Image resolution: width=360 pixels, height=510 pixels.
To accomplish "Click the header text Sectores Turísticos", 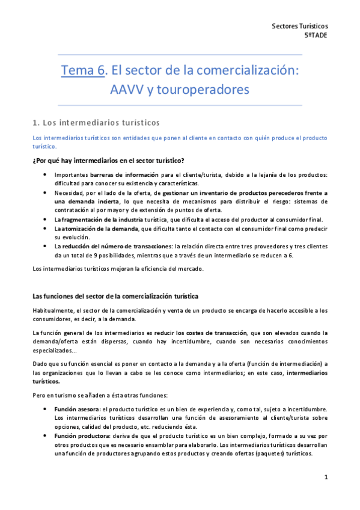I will pos(300,26).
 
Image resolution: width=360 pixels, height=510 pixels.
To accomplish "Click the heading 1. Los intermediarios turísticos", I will pos(96,123).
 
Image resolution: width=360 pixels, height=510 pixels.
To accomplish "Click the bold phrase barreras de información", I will pos(116,175).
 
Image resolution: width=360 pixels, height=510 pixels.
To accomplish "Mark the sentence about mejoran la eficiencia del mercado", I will pos(118,268).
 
